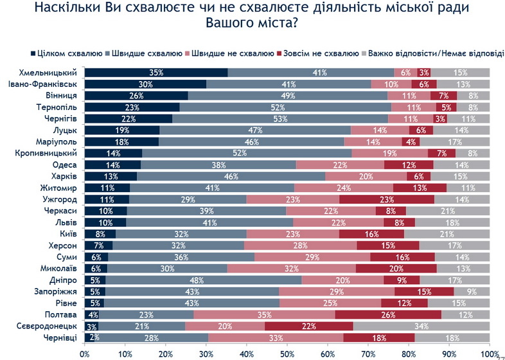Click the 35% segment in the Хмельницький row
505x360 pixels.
155,72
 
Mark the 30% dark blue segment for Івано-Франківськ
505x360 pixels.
145,84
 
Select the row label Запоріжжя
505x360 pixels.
57,291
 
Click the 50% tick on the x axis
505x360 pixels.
287,353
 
